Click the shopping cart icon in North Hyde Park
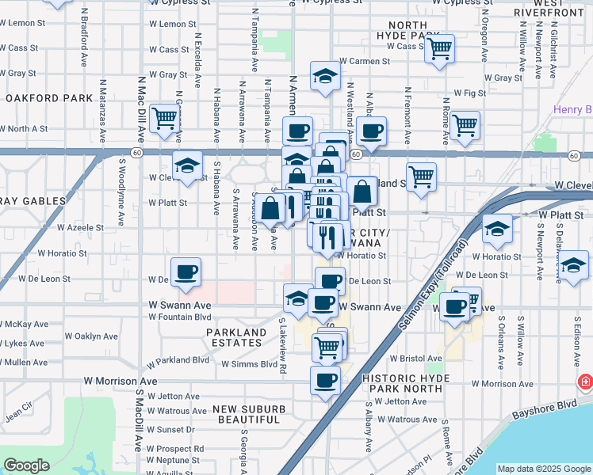(x=438, y=49)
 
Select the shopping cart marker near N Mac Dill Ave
(x=164, y=119)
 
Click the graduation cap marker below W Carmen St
(x=324, y=76)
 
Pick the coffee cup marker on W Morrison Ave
(x=324, y=381)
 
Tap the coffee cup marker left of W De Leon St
(x=186, y=272)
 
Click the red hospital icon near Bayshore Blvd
(x=586, y=382)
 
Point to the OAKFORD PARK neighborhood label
(x=49, y=99)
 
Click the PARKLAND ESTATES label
(x=236, y=337)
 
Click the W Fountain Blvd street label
(x=181, y=317)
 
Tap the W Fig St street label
(x=469, y=93)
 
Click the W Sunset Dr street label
(x=170, y=429)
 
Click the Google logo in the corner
(x=26, y=465)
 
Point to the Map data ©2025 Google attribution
(x=544, y=469)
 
